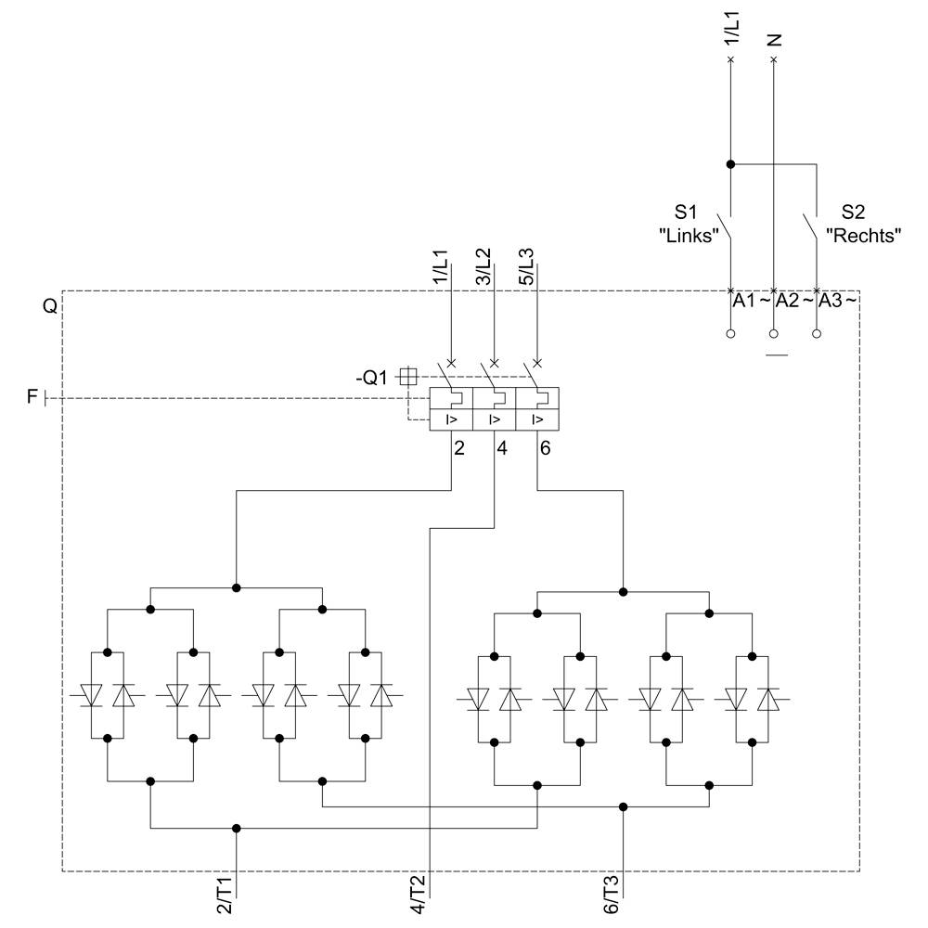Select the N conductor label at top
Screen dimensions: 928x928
click(x=776, y=40)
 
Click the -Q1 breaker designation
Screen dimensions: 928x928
click(x=374, y=377)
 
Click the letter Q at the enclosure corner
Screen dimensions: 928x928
click(x=50, y=304)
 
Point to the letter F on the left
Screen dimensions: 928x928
click(x=32, y=398)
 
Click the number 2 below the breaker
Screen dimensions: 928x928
click(x=458, y=448)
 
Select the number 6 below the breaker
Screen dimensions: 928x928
click(x=544, y=448)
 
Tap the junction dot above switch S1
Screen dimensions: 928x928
click(x=730, y=164)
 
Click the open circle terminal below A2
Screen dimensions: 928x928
click(x=774, y=333)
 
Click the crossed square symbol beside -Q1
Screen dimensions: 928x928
click(x=406, y=376)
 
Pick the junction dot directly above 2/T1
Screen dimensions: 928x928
click(x=237, y=828)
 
